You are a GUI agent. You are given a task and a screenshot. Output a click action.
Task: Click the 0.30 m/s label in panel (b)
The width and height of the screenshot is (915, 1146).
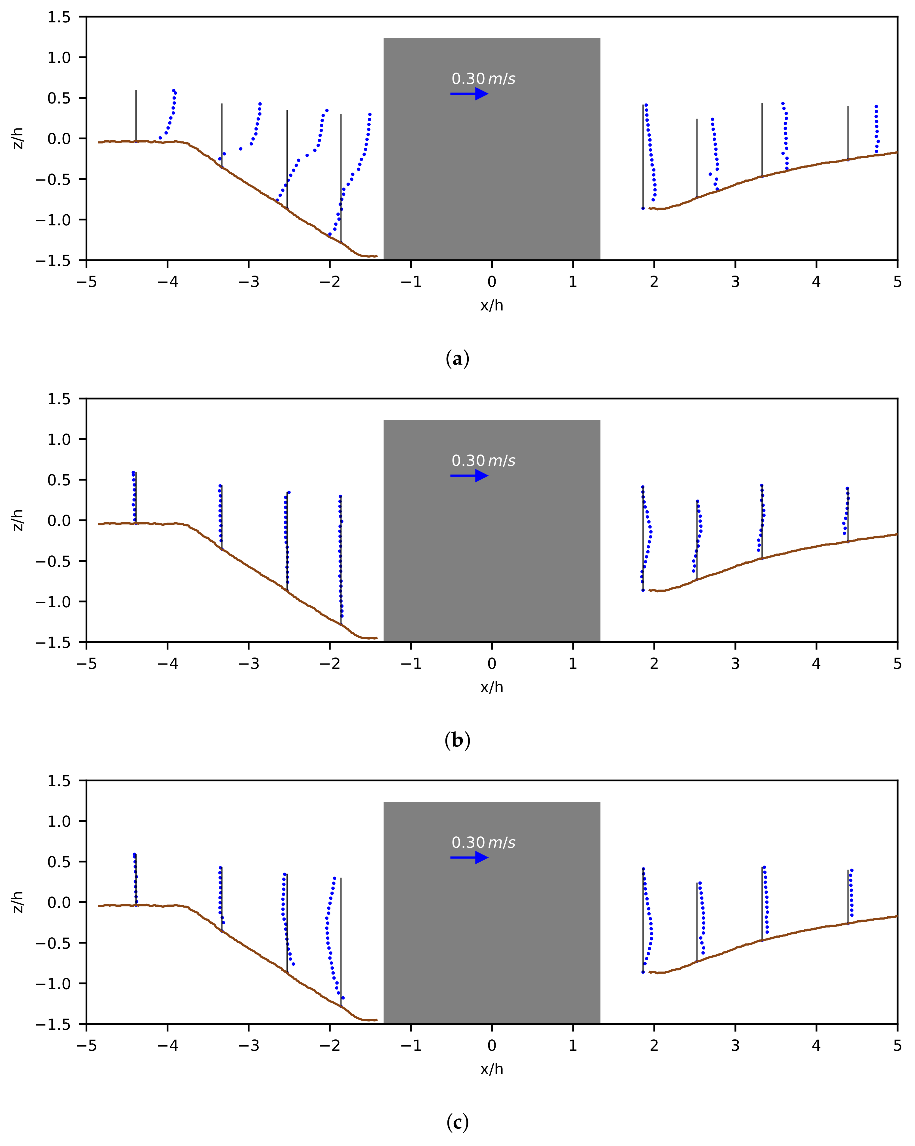coord(483,460)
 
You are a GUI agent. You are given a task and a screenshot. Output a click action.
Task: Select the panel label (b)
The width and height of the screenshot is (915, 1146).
coord(457,741)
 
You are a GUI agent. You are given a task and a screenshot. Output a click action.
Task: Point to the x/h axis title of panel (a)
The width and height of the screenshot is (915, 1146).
coord(492,305)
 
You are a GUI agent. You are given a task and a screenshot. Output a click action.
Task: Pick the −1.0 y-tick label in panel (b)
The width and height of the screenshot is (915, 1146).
coord(53,602)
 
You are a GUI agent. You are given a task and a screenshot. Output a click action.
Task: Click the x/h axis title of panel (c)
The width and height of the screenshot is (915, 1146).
coord(492,1069)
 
